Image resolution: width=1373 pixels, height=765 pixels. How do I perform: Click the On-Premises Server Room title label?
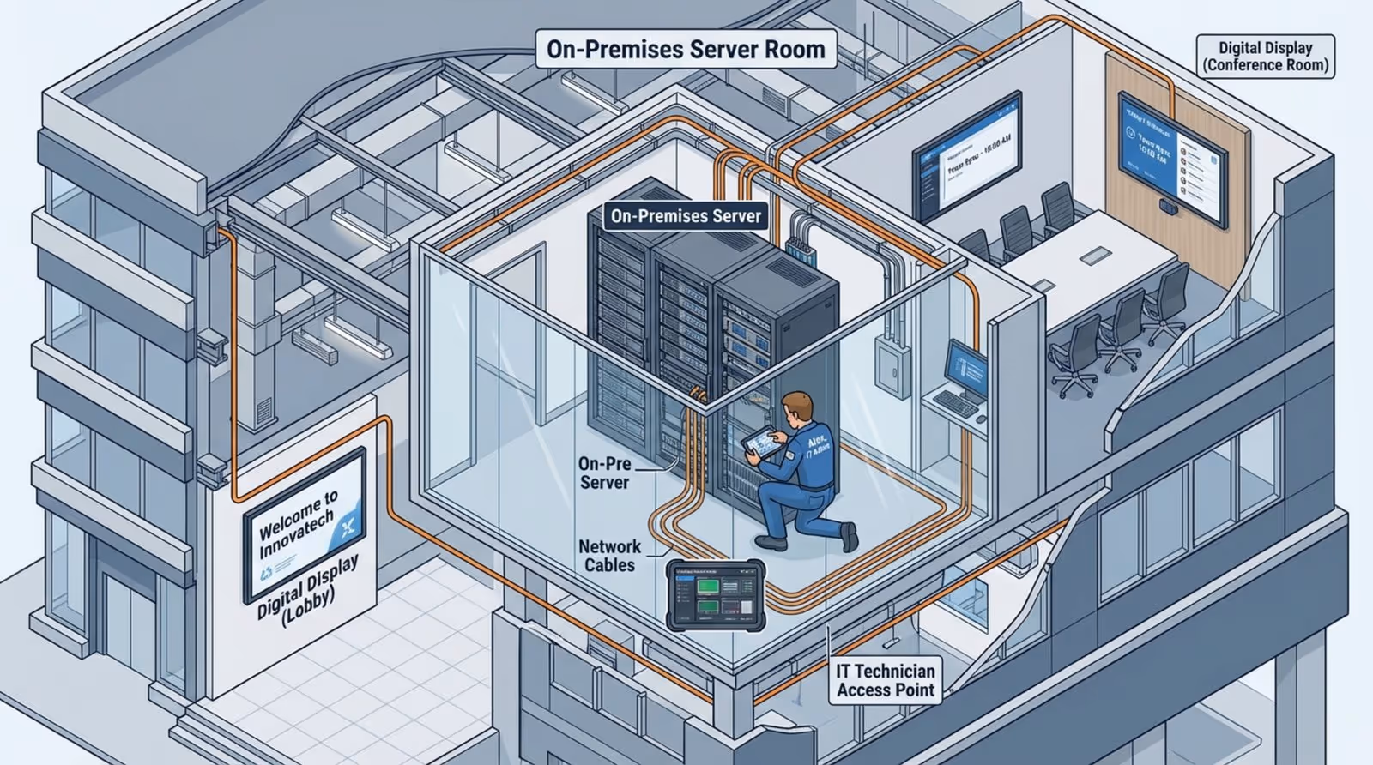point(686,49)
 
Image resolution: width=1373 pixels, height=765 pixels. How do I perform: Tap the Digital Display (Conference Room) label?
point(1265,57)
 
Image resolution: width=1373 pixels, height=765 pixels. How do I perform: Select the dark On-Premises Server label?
point(686,216)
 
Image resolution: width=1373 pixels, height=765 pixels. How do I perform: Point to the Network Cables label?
point(609,556)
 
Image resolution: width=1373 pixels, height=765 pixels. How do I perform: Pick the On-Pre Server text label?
point(604,473)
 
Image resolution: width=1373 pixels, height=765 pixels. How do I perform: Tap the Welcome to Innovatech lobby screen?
point(305,524)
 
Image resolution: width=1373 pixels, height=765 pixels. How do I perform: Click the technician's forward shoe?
point(771,541)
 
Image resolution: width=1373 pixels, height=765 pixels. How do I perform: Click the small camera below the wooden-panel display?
point(1168,206)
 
